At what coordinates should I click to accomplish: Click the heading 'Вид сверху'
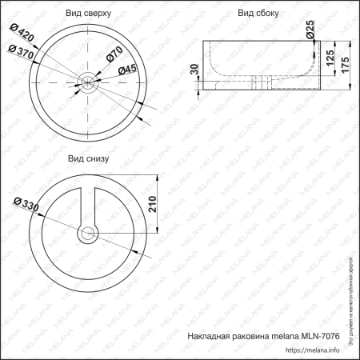pyautogui.click(x=89, y=14)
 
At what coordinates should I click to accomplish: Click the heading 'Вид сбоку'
pyautogui.click(x=257, y=14)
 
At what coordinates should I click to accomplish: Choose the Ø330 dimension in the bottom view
pyautogui.click(x=24, y=205)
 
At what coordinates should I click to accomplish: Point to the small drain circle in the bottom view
pyautogui.click(x=88, y=234)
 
